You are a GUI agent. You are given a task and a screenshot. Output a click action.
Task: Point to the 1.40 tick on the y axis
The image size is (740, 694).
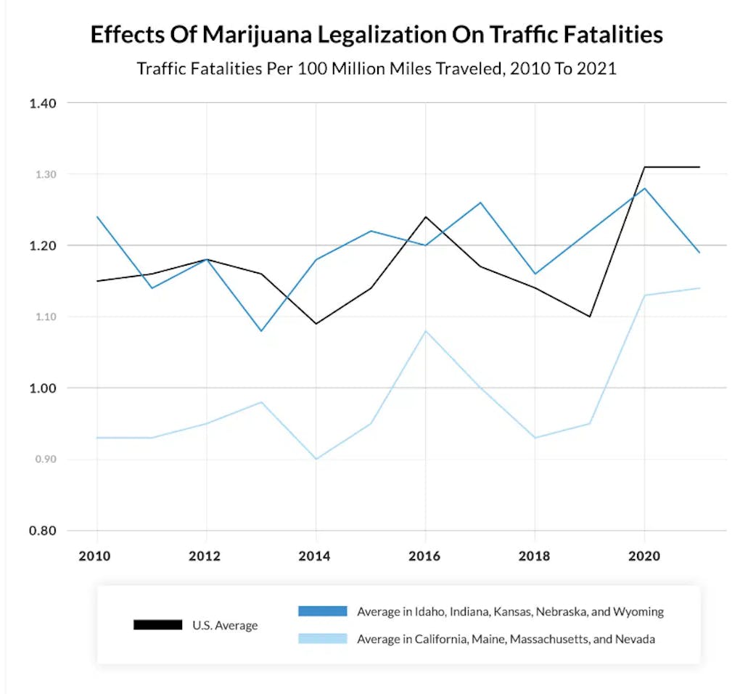pos(42,103)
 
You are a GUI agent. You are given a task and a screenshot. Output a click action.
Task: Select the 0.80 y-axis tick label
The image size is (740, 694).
pos(42,531)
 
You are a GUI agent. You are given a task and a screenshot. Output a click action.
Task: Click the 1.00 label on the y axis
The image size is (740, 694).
pos(42,388)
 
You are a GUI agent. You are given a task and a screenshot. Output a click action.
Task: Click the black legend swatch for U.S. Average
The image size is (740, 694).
pos(158,625)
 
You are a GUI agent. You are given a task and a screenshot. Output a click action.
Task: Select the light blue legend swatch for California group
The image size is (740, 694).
pos(323,639)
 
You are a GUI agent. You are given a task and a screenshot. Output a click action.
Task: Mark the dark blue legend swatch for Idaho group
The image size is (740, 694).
pos(323,611)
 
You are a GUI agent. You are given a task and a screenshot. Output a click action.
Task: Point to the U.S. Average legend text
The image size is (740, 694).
pos(225,625)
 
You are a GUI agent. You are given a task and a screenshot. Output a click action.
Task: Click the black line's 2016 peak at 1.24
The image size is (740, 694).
pos(425,217)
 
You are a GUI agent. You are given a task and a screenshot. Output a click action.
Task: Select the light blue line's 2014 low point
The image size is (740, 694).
pos(316,459)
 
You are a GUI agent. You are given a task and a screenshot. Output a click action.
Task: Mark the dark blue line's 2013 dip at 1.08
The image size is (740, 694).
pos(261,331)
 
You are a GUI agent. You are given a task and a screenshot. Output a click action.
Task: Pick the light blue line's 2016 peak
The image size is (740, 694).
pos(425,331)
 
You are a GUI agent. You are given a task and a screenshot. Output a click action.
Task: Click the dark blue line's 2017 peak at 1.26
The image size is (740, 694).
pos(480,203)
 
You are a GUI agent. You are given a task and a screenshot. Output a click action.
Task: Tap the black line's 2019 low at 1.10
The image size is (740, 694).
pos(590,317)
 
